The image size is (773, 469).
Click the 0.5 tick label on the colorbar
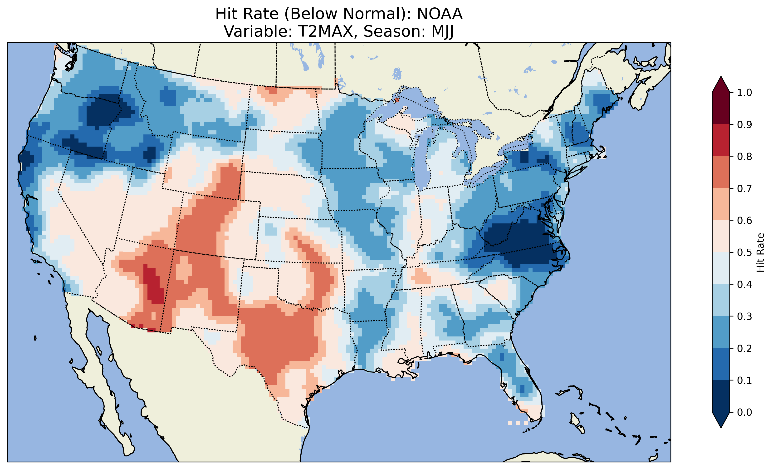[744, 252]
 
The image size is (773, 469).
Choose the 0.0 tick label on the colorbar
[744, 412]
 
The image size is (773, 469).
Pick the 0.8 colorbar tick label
[744, 156]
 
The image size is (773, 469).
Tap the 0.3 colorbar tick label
[744, 316]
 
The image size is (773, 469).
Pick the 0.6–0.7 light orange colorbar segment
[721, 204]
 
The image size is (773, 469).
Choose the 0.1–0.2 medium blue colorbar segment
[721, 364]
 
